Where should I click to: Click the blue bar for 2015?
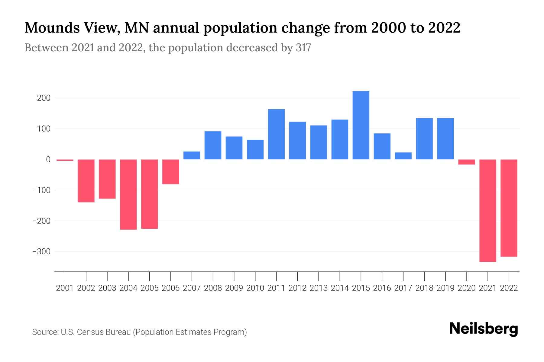[x=361, y=125]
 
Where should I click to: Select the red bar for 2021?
[x=487, y=210]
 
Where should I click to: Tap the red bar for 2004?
[x=128, y=194]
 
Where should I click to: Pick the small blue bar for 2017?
[x=403, y=156]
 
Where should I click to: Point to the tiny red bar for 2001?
[x=65, y=160]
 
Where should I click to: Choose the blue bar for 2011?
[x=276, y=134]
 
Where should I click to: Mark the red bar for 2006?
[x=171, y=172]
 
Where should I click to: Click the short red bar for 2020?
[x=467, y=162]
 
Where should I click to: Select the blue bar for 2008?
[x=213, y=145]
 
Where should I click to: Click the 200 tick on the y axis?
[x=44, y=98]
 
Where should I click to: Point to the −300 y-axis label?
[x=41, y=252]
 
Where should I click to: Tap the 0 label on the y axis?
[x=48, y=160]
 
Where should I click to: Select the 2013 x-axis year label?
[x=319, y=288]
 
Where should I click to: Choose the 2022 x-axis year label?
[x=509, y=288]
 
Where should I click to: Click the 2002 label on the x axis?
[x=86, y=288]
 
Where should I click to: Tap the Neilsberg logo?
[x=484, y=329]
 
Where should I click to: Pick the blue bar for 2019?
[x=445, y=139]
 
